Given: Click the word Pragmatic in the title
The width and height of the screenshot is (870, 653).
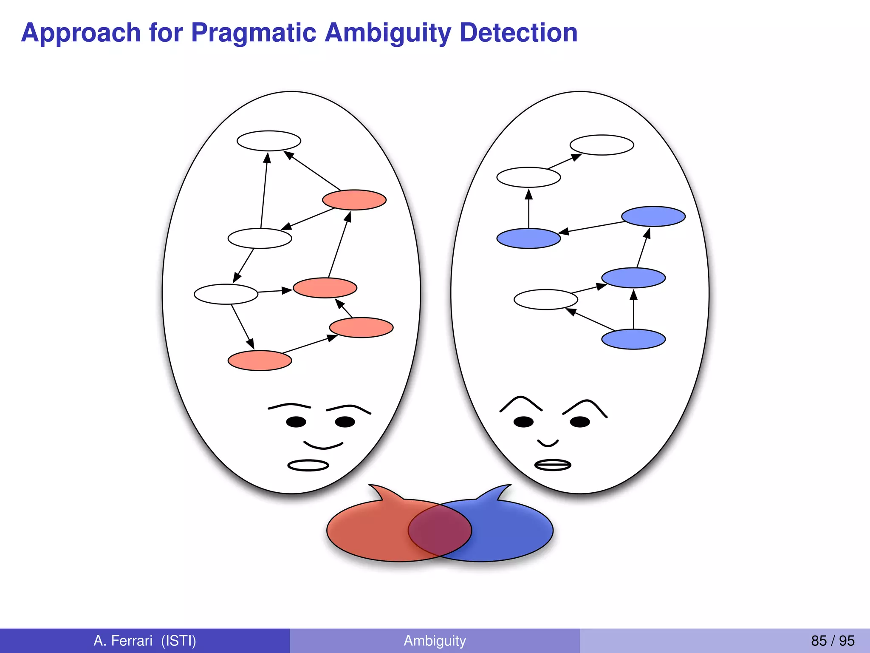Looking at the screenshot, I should tap(254, 33).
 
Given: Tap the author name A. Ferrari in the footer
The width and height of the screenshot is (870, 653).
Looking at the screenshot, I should tap(123, 640).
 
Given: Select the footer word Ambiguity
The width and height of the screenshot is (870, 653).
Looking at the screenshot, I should tap(435, 640).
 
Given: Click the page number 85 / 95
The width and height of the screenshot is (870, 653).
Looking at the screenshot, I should tap(832, 640).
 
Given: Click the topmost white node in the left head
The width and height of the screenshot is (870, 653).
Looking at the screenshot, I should tap(269, 141).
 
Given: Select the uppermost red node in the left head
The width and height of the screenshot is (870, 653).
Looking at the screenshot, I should tap(354, 200).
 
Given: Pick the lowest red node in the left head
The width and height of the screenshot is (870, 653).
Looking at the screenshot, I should tap(260, 361).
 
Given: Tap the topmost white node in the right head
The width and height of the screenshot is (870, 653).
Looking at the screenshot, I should tap(602, 145).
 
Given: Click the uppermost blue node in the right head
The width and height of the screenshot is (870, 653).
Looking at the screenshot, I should tap(653, 216).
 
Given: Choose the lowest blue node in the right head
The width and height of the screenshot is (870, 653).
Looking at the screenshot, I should tap(633, 339).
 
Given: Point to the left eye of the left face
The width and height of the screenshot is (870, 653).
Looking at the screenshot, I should tap(296, 422).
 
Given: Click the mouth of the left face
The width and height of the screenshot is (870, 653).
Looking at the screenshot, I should tap(308, 466).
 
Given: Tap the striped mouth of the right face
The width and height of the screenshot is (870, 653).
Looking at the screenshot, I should tap(552, 465).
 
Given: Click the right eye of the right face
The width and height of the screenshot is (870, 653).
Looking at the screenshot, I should tap(580, 422).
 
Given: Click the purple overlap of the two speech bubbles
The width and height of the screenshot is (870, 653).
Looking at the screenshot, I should tap(440, 530).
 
